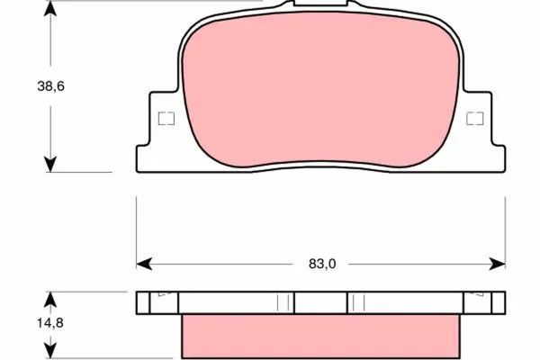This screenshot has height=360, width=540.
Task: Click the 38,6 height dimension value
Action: pyautogui.click(x=50, y=86)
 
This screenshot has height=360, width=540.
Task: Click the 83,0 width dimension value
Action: pyautogui.click(x=322, y=264)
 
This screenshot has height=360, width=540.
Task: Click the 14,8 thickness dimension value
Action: pyautogui.click(x=50, y=323)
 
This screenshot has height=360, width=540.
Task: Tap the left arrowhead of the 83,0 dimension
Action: pyautogui.click(x=144, y=264)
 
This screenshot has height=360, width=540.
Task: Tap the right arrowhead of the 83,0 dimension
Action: pyautogui.click(x=498, y=264)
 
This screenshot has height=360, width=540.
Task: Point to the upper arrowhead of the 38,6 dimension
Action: pyautogui.click(x=50, y=9)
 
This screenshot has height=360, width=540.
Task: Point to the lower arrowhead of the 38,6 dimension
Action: pyautogui.click(x=50, y=165)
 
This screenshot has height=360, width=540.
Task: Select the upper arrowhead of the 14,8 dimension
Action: pyautogui.click(x=50, y=300)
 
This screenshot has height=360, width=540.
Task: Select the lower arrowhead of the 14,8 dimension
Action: pyautogui.click(x=50, y=351)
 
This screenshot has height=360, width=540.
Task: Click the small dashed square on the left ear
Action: pyautogui.click(x=166, y=119)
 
